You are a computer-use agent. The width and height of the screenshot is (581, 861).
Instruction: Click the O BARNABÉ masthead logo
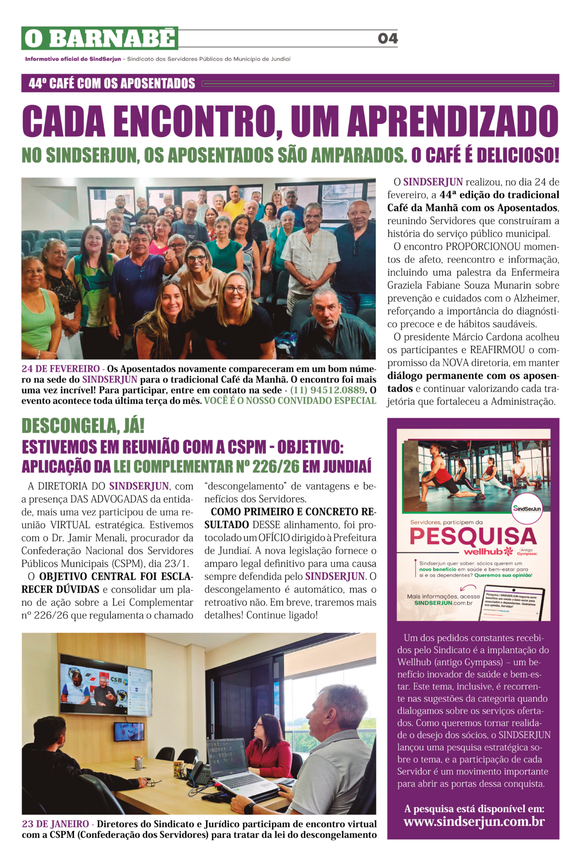100,38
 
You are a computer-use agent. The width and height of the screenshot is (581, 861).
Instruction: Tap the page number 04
387,38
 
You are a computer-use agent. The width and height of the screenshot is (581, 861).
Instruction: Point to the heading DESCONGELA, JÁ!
83,426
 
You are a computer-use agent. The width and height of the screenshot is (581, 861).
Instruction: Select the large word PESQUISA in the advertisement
473,537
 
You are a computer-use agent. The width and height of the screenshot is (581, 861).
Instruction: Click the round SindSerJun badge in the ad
527,508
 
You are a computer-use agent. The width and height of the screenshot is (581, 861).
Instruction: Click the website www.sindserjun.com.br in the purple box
474,822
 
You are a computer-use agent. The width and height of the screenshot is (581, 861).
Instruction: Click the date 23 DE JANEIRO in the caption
55,824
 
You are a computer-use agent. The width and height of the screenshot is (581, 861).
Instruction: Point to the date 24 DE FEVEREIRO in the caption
61,369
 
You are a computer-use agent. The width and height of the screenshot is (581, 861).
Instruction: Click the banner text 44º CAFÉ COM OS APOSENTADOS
112,83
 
